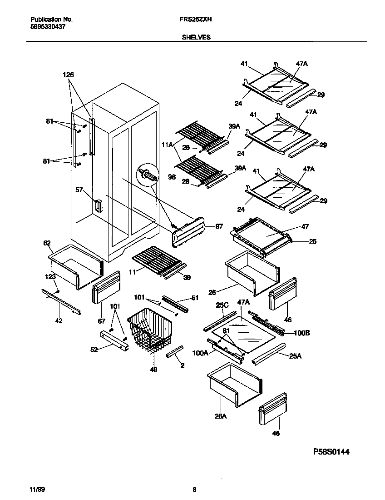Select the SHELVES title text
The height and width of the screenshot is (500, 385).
(196, 38)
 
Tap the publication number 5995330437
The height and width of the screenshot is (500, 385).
(48, 27)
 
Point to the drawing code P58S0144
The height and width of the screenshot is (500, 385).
(331, 452)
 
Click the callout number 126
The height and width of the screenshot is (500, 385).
(68, 75)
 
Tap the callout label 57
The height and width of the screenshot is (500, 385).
(80, 190)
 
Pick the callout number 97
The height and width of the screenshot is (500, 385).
(219, 226)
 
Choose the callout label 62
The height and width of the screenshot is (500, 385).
(47, 243)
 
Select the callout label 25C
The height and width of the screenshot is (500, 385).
(222, 305)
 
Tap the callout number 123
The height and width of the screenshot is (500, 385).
(50, 276)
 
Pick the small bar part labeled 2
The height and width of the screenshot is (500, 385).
(175, 351)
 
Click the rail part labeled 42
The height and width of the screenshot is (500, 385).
(60, 302)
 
